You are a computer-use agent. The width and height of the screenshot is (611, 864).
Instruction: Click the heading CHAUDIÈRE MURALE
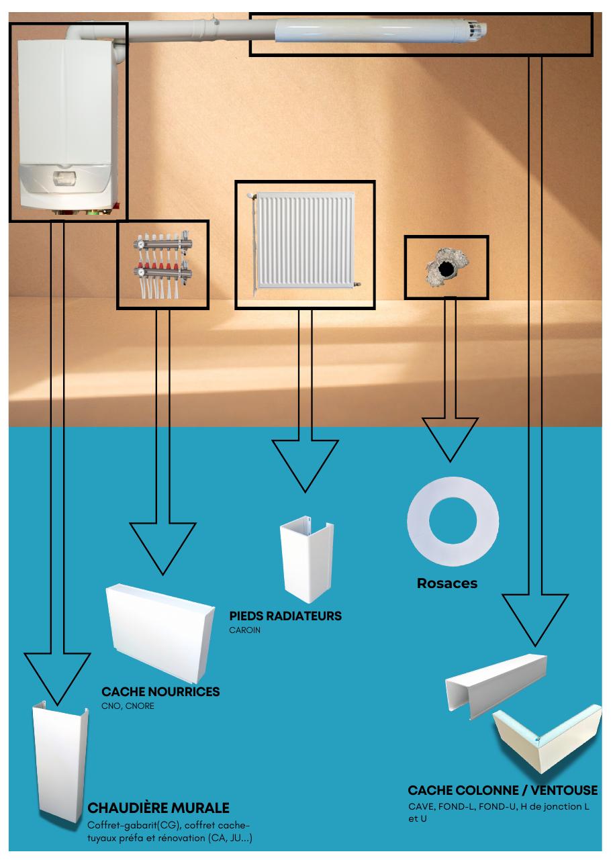point(158,808)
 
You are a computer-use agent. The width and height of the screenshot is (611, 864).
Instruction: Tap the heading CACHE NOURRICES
point(160,691)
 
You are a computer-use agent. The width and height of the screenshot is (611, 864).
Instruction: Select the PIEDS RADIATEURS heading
point(285,616)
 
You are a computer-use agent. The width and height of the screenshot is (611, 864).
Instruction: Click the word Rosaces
point(447,583)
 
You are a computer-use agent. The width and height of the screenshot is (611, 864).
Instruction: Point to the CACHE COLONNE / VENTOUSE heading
point(503,790)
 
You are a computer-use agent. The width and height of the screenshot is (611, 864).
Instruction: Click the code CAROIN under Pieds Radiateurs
point(244,630)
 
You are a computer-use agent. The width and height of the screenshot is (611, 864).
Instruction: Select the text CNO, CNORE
point(128,706)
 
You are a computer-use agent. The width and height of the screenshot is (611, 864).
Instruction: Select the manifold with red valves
point(162,265)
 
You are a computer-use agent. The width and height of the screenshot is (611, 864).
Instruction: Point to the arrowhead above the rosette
point(450,439)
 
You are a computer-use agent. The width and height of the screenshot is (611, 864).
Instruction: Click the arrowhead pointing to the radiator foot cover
point(305,465)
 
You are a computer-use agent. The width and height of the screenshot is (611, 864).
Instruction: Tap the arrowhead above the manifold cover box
point(162,548)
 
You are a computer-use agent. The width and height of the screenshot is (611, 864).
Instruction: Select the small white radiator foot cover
point(307,559)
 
